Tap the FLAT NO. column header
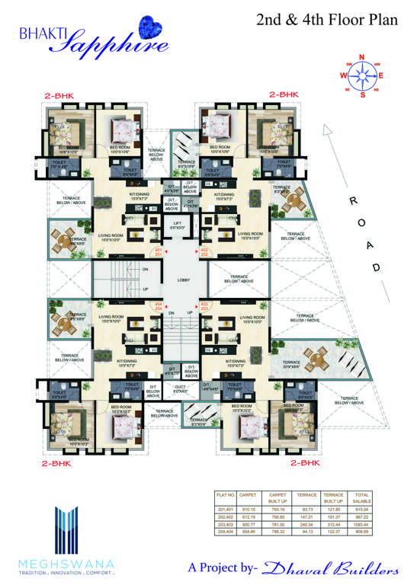[226, 494]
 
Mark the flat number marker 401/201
[158, 252]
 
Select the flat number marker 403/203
[204, 306]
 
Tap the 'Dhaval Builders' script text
[331, 568]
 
